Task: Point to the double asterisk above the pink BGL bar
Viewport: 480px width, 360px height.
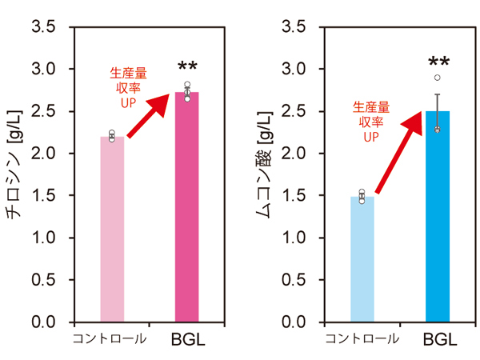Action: coord(187,68)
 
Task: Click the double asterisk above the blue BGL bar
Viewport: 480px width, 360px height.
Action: coord(438,62)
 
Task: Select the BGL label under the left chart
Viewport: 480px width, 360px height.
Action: coord(187,339)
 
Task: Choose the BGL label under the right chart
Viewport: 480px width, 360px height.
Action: coord(440,339)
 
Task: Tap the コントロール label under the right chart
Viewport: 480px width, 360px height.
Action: coord(362,338)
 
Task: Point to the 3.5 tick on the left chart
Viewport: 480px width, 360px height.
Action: coord(46,27)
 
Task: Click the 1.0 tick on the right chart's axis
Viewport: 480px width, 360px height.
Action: coord(297,238)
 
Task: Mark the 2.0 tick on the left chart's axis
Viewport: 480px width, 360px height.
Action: coord(46,154)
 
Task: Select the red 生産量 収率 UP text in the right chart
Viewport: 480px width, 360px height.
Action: coord(371,121)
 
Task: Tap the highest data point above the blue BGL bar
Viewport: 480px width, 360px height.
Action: coord(438,78)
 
